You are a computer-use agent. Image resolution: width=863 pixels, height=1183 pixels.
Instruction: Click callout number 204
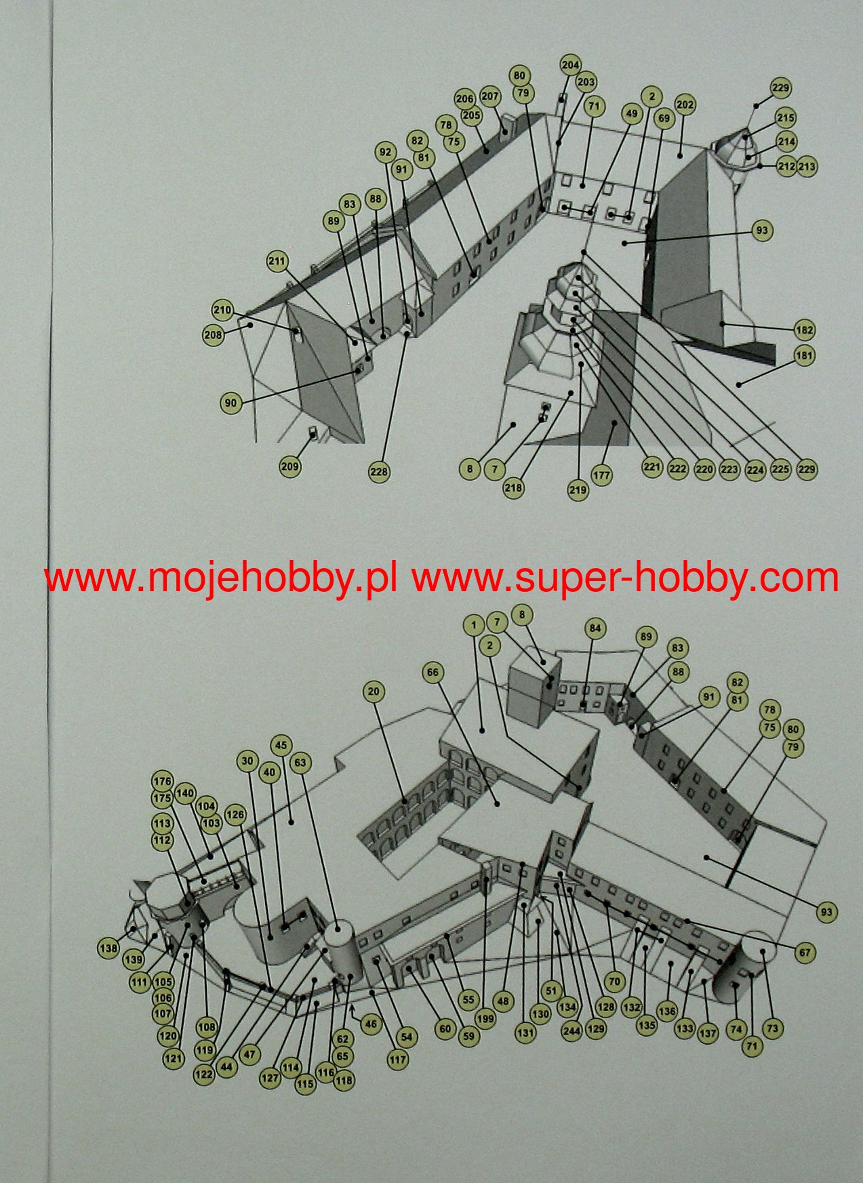tap(570, 65)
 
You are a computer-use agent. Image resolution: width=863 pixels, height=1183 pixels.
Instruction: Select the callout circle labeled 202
tap(685, 105)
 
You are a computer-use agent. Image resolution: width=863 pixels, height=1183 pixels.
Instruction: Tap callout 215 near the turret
tap(785, 118)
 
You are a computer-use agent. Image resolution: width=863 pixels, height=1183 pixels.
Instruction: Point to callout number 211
tap(277, 262)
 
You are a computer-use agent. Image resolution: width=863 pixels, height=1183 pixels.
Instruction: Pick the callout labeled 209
tap(289, 466)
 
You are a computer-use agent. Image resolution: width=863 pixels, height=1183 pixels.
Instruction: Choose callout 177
tap(601, 475)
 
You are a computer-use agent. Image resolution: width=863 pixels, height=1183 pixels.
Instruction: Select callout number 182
tap(804, 330)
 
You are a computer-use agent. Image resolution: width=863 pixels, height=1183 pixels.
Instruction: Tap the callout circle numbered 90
tap(230, 403)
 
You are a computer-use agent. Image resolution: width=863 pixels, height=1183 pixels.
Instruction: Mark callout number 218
tap(513, 487)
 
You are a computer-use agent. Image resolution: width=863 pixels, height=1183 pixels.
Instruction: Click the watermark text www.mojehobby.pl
tap(220, 578)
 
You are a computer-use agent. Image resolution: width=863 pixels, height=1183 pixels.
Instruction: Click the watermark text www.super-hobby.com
tap(625, 578)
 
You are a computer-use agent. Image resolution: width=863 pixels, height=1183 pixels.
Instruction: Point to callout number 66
tap(433, 673)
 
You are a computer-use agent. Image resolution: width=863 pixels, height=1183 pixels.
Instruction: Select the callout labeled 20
tap(374, 691)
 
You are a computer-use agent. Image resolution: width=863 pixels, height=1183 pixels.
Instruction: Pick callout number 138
tap(108, 948)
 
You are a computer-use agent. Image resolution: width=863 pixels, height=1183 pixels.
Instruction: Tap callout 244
tap(571, 1032)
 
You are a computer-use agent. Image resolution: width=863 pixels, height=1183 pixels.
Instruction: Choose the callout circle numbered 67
tap(804, 953)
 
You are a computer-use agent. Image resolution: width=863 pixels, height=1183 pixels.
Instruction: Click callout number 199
tap(485, 1018)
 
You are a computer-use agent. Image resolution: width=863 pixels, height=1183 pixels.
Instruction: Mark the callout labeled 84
tap(595, 628)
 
